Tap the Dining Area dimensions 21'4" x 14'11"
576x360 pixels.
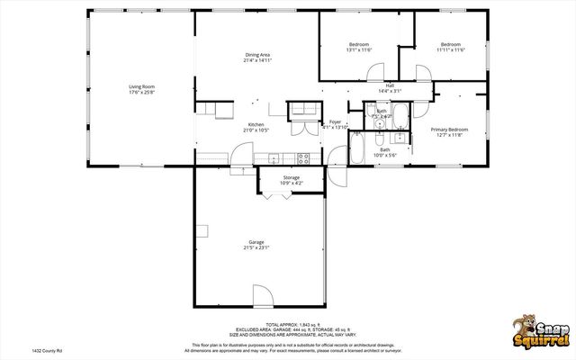point(257,60)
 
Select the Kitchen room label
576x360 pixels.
point(256,125)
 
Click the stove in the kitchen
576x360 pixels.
point(303,158)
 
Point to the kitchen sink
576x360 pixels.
point(273,159)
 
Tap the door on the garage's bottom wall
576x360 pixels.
point(261,298)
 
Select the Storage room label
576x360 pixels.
point(292,177)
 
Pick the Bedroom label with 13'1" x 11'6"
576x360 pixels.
point(359,44)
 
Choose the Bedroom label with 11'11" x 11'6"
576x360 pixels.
point(450,44)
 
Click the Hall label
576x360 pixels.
point(390,85)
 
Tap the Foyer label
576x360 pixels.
point(335,121)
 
